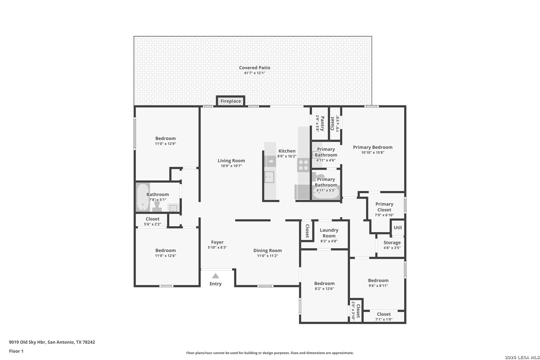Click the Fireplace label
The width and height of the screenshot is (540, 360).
tap(231, 101)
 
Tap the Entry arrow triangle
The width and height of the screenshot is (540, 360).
tap(216, 276)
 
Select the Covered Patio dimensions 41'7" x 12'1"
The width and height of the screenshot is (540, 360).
tap(255, 73)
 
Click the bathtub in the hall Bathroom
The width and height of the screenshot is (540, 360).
tap(143, 197)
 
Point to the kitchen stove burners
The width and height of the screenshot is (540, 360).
tap(303, 165)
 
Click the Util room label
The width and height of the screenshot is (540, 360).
tap(398, 227)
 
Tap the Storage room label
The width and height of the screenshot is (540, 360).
tap(392, 243)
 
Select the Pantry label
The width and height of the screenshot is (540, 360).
tap(322, 124)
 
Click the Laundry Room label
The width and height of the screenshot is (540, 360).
tap(329, 233)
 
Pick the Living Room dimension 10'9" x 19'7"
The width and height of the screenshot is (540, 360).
tap(231, 166)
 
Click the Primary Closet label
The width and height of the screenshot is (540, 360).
tap(384, 207)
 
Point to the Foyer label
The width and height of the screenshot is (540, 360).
tap(217, 242)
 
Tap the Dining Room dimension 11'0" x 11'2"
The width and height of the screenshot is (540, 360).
tap(268, 256)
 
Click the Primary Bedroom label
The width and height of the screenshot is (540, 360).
tap(373, 147)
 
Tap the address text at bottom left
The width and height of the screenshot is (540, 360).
tap(52, 342)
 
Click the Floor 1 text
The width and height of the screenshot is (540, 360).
tap(16, 351)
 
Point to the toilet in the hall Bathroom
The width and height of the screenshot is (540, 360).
tap(157, 206)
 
